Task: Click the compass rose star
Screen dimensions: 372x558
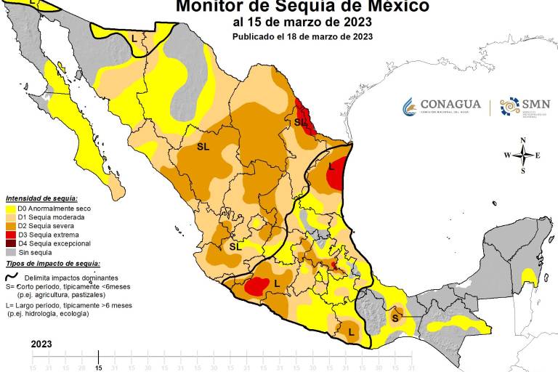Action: [x=522, y=155]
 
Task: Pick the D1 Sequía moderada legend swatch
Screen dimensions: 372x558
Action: [x=10, y=217]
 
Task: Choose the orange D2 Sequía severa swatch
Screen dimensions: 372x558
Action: [x=10, y=226]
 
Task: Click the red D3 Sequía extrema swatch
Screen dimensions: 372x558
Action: [x=10, y=235]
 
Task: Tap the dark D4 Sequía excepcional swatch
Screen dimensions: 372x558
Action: [x=10, y=243]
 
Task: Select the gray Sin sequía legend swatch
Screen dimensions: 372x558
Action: [x=10, y=252]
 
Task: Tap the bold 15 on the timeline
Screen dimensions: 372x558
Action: [x=99, y=368]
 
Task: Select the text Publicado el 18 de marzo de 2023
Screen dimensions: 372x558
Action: [x=302, y=36]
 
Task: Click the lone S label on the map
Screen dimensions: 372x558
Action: [x=395, y=318]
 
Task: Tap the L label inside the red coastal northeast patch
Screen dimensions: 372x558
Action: [x=332, y=166]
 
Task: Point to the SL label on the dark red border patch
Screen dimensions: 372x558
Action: [x=300, y=123]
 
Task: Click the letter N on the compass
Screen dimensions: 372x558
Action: [x=522, y=140]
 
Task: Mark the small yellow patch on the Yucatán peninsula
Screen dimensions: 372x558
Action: [x=529, y=277]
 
